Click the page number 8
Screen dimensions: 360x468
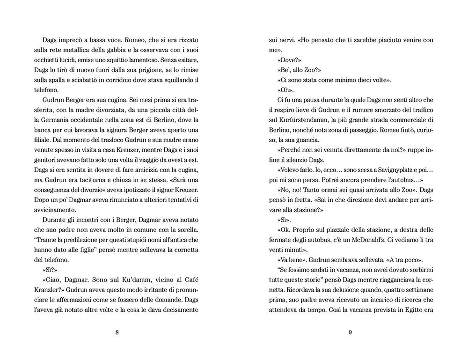[x=117, y=333]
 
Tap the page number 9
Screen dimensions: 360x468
[x=350, y=333]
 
